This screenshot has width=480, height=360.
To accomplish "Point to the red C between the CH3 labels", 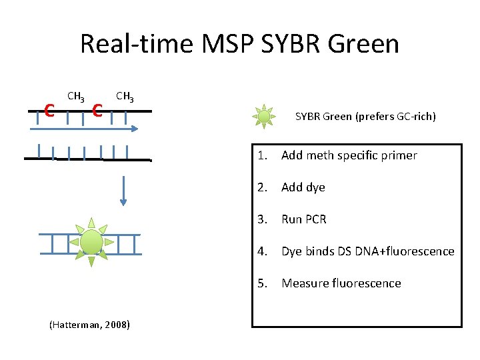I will click(x=97, y=109).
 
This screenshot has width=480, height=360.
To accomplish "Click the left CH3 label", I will click(x=76, y=97).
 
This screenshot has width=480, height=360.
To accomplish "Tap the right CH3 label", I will click(x=125, y=97).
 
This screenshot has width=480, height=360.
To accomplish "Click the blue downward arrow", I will click(x=123, y=191).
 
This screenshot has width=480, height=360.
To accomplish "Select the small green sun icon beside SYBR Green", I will click(x=264, y=117).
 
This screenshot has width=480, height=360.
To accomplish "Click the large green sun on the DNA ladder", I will click(x=91, y=242).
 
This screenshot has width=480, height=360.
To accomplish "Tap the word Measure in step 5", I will click(x=303, y=283).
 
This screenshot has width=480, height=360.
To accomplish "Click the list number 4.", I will click(x=263, y=251).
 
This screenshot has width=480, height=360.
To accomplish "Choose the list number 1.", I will click(x=263, y=155).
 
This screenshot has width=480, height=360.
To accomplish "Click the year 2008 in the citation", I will click(x=117, y=325).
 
